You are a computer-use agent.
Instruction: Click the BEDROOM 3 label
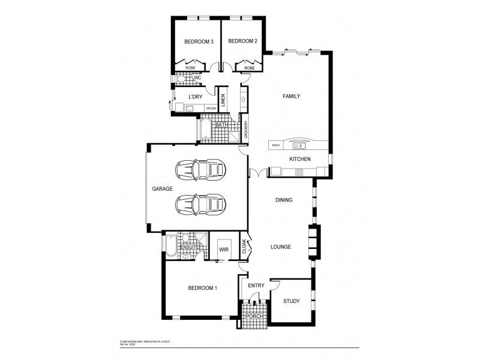[x=199, y=41]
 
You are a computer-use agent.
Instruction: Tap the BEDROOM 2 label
[x=242, y=41]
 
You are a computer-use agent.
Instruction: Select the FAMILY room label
[x=291, y=96]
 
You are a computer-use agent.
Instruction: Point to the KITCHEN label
[x=299, y=159]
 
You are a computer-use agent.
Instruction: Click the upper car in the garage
[x=200, y=171]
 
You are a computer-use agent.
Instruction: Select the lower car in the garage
[x=200, y=205]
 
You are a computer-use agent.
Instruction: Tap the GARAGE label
[x=162, y=188]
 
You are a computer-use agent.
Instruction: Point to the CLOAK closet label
[x=244, y=248]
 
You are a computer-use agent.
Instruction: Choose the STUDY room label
[x=291, y=301]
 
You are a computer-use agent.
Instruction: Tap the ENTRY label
[x=256, y=286]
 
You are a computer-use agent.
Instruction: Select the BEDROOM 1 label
[x=202, y=288]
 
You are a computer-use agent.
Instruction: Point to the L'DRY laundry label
[x=194, y=97]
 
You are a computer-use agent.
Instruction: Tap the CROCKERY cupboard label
[x=246, y=130]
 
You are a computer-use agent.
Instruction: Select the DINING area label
[x=284, y=200]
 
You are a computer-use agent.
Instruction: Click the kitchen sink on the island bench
[x=299, y=145]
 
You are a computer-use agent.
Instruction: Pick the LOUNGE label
[x=281, y=246]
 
